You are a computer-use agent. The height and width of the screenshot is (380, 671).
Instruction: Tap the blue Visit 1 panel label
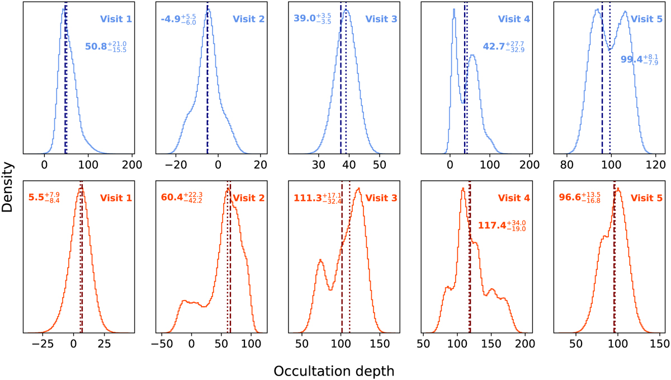(116, 19)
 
